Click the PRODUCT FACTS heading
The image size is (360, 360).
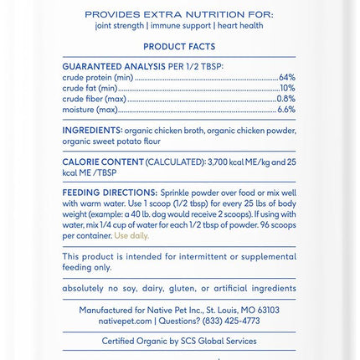point(179,47)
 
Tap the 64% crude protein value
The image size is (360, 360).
point(286,77)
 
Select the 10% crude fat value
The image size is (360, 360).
point(287,88)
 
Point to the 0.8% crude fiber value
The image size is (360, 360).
point(285,99)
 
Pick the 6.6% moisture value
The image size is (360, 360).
point(285,110)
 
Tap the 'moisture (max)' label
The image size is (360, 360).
point(90,110)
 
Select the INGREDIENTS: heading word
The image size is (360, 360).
point(92,131)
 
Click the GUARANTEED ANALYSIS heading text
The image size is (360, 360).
point(114,65)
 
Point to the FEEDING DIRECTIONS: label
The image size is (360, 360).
point(110,192)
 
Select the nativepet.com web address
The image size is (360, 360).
point(125,321)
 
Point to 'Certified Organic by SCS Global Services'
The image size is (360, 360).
point(179,342)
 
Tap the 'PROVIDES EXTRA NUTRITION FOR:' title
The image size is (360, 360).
point(179,14)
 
